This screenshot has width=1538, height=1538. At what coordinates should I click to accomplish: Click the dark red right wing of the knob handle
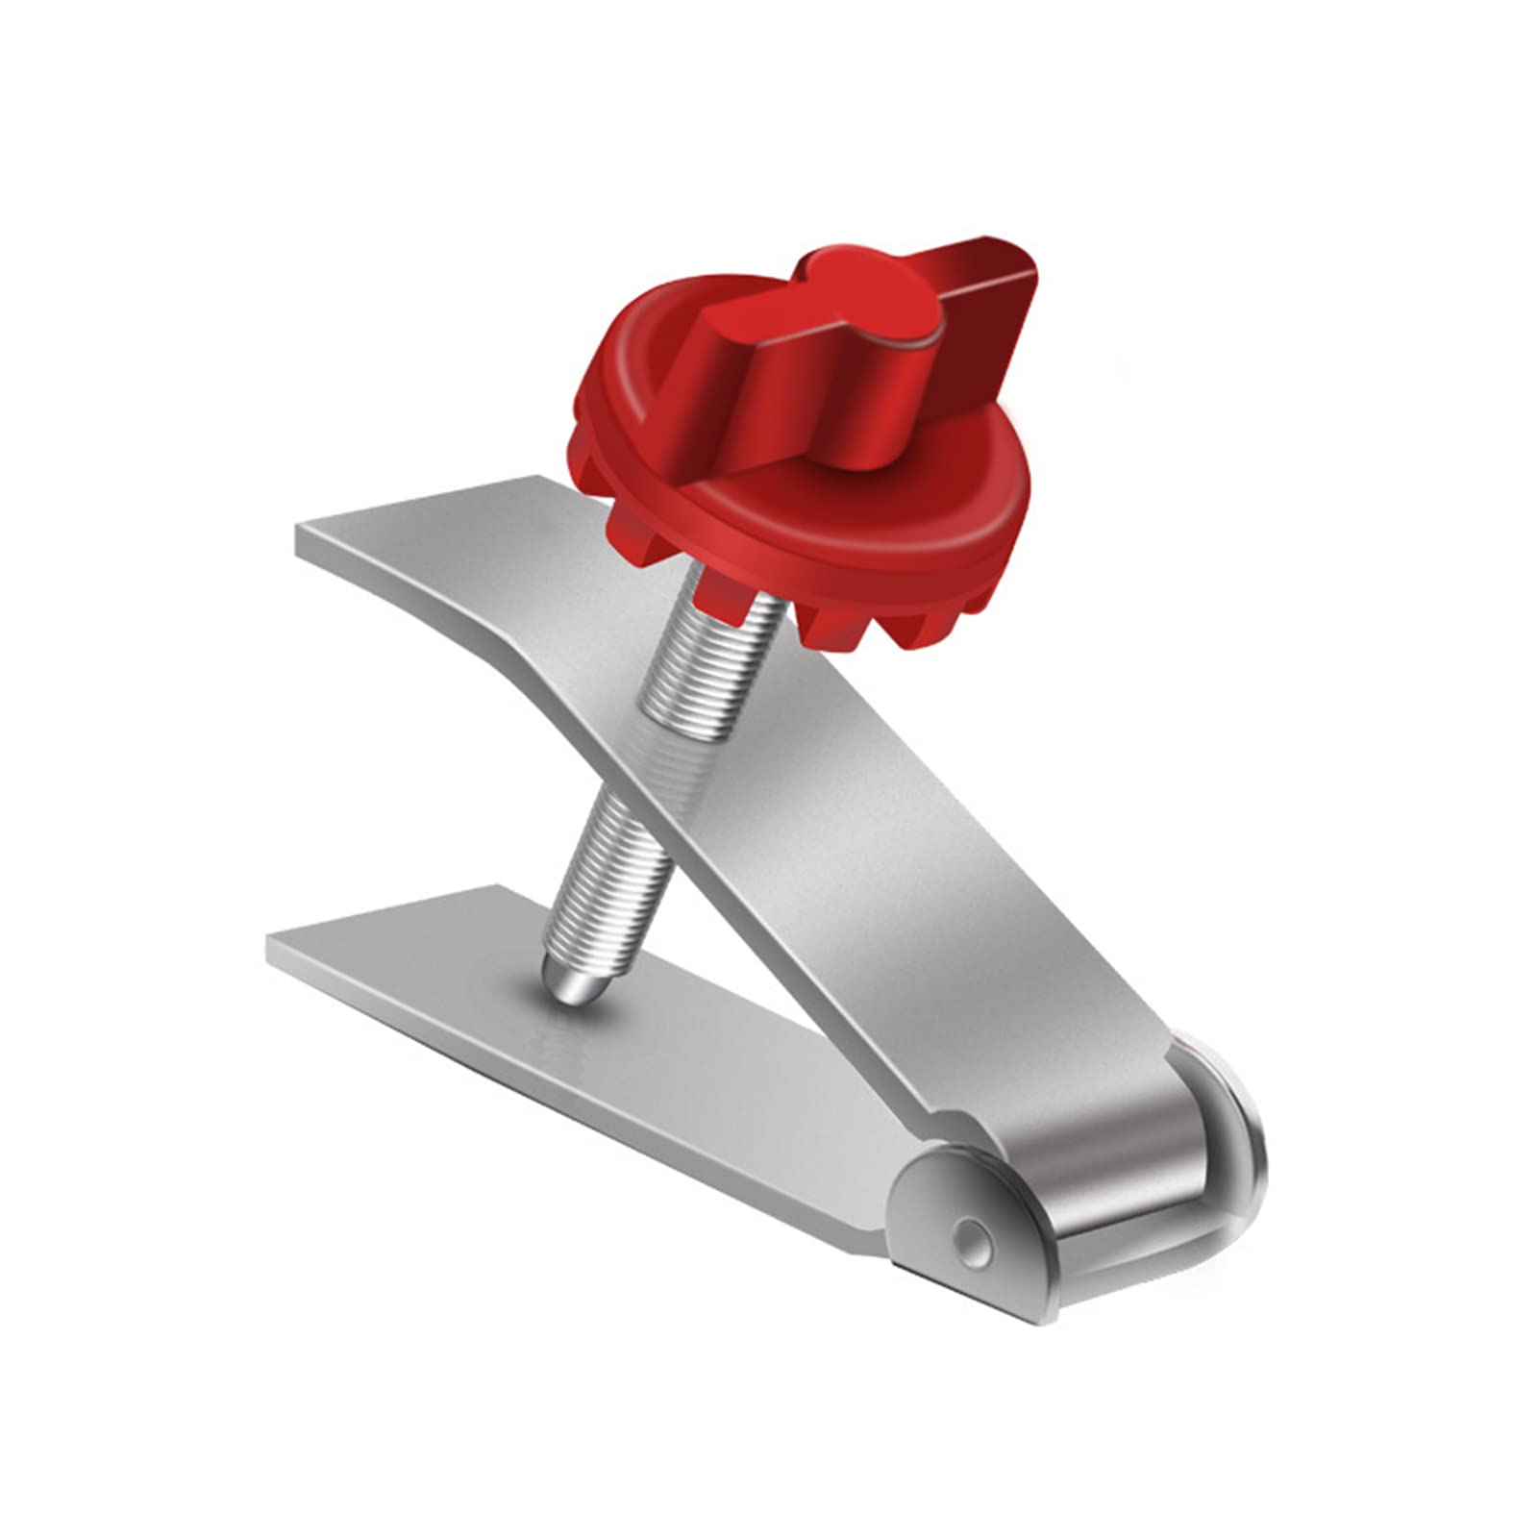(x=971, y=327)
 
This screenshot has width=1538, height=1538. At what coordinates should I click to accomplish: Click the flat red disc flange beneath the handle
(x=865, y=538)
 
